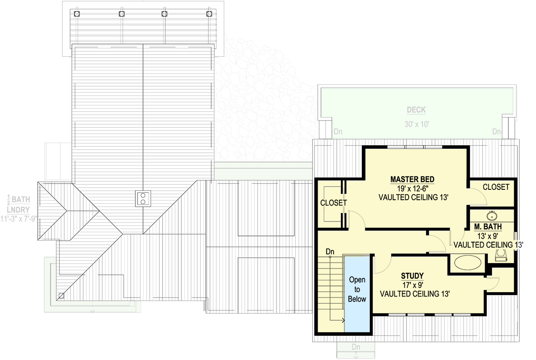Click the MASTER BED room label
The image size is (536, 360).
(412, 180)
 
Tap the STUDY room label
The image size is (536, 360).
(412, 276)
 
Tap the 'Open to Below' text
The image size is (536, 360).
(357, 289)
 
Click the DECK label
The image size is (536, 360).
(416, 110)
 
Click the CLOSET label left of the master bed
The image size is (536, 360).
(334, 203)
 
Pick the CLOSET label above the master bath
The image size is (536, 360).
(496, 187)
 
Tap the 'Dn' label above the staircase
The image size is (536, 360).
(330, 252)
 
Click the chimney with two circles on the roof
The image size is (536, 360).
(143, 197)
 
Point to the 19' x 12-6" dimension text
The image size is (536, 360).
(412, 188)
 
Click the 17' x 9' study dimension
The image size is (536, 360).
(412, 285)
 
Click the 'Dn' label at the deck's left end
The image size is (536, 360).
(338, 132)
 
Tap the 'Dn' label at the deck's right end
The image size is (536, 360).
(497, 132)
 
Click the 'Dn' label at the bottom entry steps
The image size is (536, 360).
(356, 347)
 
